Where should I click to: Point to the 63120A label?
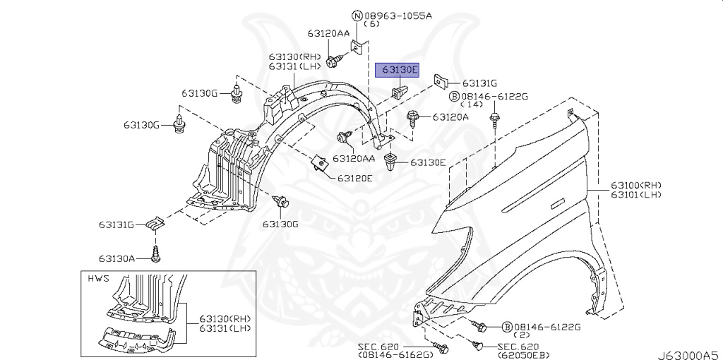click(x=450, y=116)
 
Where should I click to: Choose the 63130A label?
click(x=116, y=258)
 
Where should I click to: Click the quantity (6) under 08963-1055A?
click(x=371, y=24)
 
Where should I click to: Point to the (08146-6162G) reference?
click(x=395, y=354)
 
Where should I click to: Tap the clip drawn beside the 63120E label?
click(x=321, y=164)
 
